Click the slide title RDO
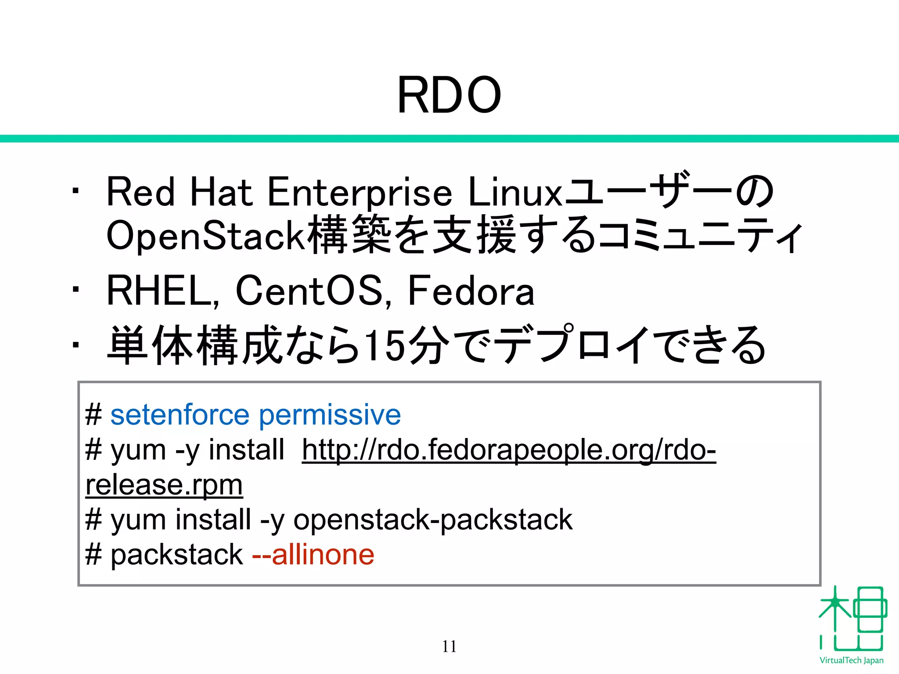click(449, 95)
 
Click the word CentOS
click(309, 291)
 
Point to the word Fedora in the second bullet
click(471, 291)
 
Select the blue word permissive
click(330, 415)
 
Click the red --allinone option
click(313, 554)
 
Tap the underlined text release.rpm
click(164, 485)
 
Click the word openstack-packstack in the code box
click(433, 520)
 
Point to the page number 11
click(449, 646)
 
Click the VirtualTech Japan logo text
click(851, 660)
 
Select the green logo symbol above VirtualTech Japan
click(852, 619)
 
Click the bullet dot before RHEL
click(76, 289)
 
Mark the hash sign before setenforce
click(93, 415)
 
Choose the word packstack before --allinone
click(176, 554)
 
